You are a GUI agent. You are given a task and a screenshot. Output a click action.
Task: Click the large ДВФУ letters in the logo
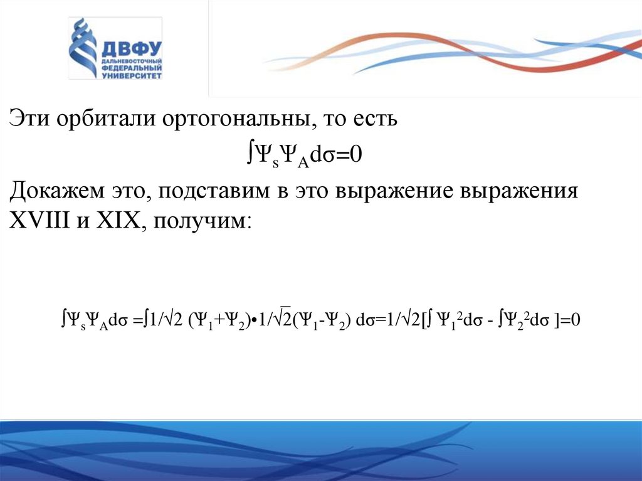click(130, 49)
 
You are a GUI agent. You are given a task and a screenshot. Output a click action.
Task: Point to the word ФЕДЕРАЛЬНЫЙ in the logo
click(130, 68)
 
